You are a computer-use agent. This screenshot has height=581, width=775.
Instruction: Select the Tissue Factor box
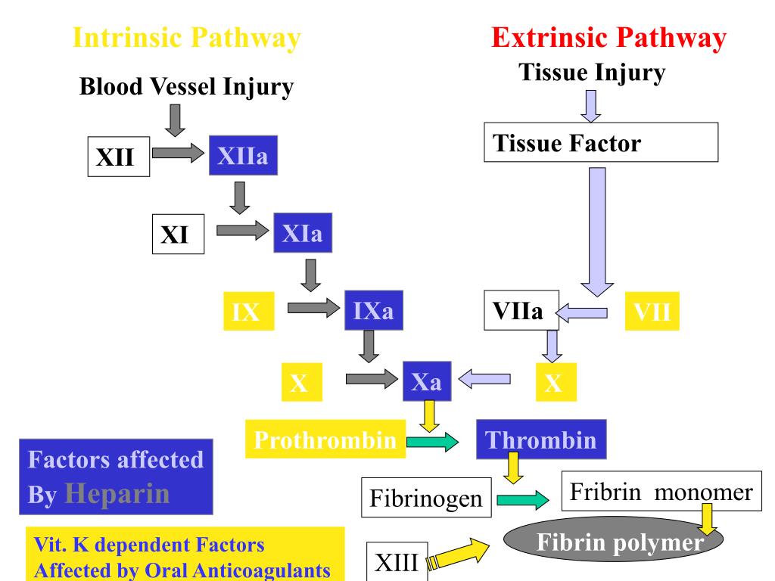(600, 142)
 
